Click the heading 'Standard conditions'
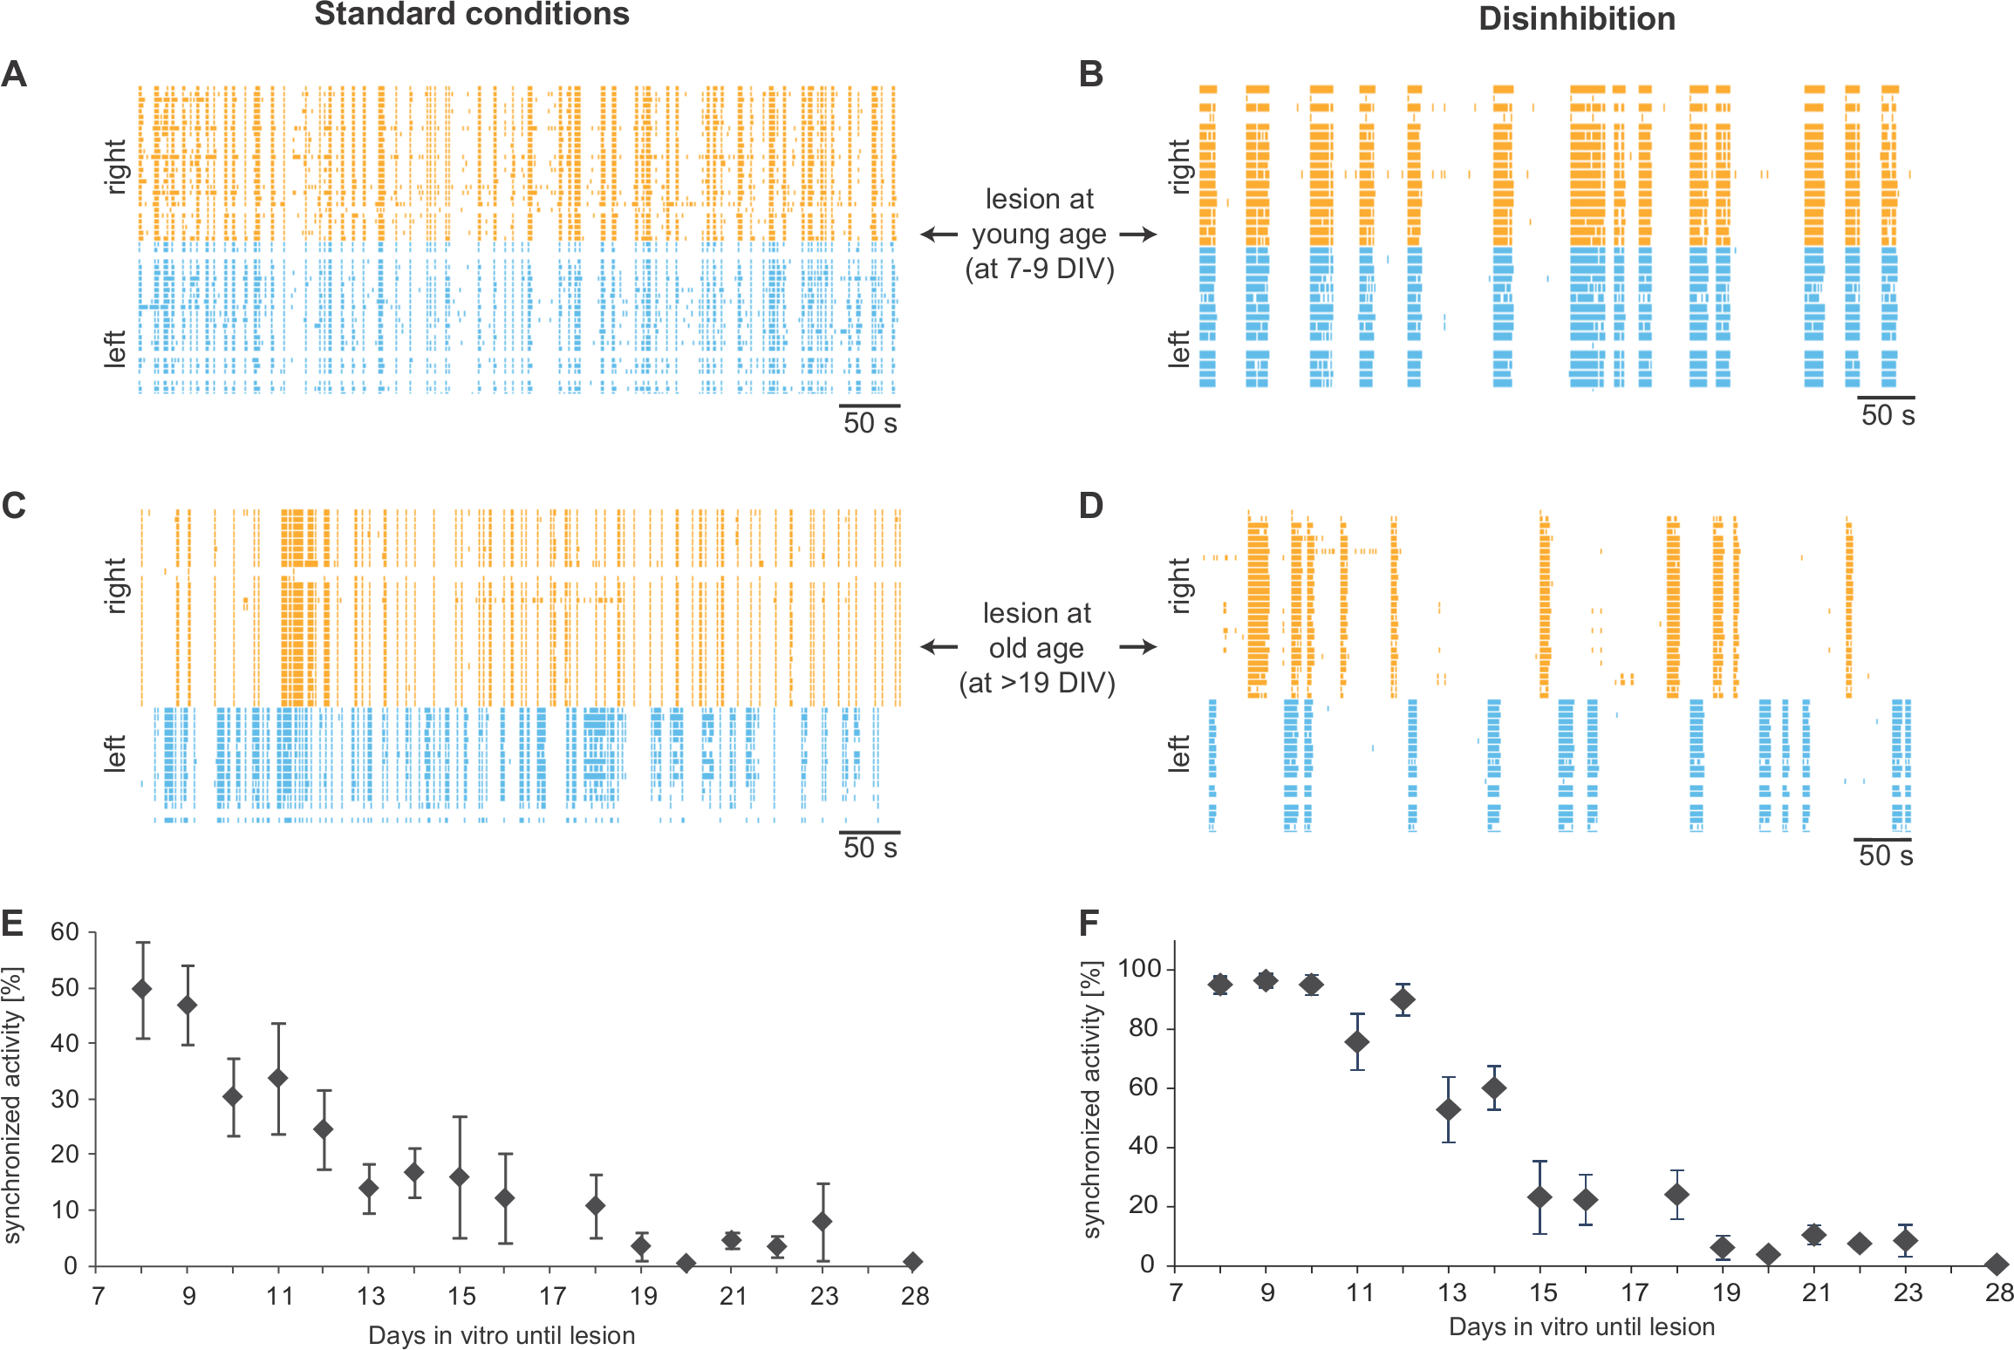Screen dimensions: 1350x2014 (471, 15)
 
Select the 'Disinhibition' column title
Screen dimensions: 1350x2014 (1576, 19)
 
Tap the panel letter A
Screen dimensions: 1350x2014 (15, 74)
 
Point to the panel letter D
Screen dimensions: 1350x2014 (1091, 506)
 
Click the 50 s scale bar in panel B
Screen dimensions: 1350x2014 (1886, 398)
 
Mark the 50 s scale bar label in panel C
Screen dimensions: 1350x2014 (870, 848)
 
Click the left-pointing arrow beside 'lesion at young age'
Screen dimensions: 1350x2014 (939, 235)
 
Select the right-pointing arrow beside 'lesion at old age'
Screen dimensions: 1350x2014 (1137, 647)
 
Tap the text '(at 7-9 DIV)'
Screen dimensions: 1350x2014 (1039, 269)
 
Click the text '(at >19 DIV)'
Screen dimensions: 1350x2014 (1037, 682)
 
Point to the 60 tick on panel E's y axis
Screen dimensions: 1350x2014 (65, 932)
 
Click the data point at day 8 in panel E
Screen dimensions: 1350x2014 (142, 989)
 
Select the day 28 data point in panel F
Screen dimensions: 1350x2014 (1997, 1264)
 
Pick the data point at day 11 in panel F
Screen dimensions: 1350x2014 (1357, 1042)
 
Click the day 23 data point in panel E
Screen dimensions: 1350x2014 (823, 1222)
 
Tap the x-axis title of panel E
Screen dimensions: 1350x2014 (502, 1335)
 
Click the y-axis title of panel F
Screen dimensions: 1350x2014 (1091, 1099)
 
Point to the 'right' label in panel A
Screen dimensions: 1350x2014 (116, 166)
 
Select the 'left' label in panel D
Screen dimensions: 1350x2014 (1178, 753)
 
